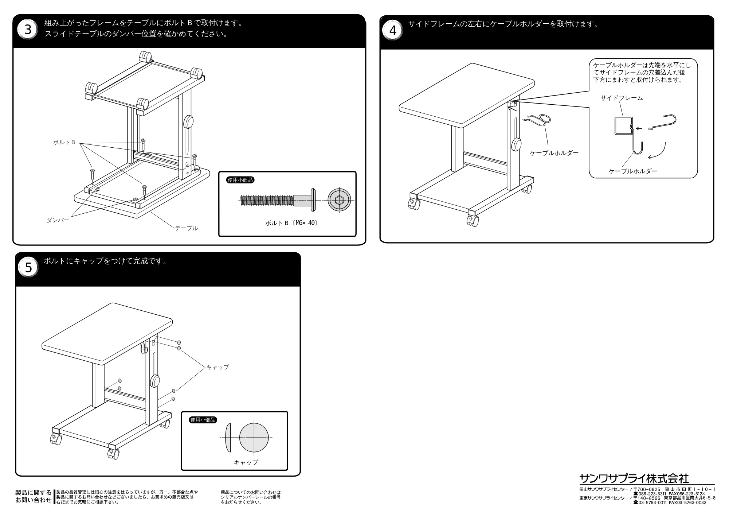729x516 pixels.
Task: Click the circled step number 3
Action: (28, 30)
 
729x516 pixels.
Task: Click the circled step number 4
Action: (393, 31)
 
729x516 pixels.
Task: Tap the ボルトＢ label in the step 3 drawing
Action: (64, 142)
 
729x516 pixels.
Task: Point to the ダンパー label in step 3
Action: (58, 220)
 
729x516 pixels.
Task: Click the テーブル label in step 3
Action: (187, 228)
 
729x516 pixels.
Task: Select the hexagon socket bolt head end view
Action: (340, 199)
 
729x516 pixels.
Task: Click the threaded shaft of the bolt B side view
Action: (267, 200)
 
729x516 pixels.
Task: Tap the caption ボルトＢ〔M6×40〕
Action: (291, 223)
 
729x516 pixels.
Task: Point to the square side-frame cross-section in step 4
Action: (623, 125)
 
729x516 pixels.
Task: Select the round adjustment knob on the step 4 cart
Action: (516, 145)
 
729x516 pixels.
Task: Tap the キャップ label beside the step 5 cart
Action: (217, 367)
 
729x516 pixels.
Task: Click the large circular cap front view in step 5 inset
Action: (254, 438)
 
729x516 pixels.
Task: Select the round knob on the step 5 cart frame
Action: (154, 381)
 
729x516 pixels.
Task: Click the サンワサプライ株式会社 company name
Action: (634, 478)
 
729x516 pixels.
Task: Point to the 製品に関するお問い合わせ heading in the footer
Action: (34, 497)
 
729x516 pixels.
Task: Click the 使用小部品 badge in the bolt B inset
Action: (240, 180)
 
